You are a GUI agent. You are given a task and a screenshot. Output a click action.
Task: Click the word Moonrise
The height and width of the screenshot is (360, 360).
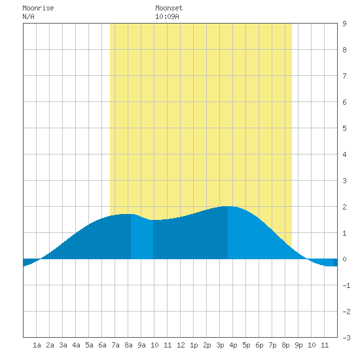click(38, 8)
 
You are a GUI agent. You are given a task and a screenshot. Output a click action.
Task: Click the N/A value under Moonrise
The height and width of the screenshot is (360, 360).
click(28, 16)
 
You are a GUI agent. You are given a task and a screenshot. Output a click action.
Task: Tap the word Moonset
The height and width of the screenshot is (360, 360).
click(169, 8)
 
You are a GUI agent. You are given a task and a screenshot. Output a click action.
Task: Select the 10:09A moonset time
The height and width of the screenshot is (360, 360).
click(167, 16)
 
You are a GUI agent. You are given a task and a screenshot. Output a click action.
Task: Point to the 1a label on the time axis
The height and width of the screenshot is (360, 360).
click(37, 345)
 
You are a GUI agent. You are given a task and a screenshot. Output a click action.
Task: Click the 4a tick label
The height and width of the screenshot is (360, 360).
click(76, 345)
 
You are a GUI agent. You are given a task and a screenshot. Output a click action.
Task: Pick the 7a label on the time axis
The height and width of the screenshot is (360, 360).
click(115, 345)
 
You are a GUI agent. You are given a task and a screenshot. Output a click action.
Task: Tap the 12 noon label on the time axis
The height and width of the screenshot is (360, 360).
click(181, 345)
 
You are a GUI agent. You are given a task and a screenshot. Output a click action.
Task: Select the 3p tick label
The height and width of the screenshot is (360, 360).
click(220, 345)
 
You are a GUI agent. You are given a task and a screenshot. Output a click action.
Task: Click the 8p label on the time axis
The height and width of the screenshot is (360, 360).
click(285, 345)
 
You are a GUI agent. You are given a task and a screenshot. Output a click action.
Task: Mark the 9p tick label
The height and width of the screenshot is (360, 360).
click(298, 345)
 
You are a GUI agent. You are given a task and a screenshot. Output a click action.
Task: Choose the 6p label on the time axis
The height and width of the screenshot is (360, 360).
click(259, 345)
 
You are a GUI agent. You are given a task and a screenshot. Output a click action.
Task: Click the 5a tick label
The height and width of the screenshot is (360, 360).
click(89, 345)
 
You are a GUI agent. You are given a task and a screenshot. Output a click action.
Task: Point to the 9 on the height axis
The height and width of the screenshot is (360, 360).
click(344, 24)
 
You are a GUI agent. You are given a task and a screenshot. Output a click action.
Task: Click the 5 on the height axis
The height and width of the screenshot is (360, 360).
click(344, 128)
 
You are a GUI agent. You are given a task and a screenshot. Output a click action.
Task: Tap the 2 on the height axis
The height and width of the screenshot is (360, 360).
click(344, 207)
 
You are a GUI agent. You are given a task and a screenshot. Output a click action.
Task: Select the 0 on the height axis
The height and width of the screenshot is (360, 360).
click(344, 259)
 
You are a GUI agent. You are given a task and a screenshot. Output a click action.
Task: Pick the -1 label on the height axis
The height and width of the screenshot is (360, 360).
click(346, 285)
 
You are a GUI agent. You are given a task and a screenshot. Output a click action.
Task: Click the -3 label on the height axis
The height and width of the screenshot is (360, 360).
click(346, 338)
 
